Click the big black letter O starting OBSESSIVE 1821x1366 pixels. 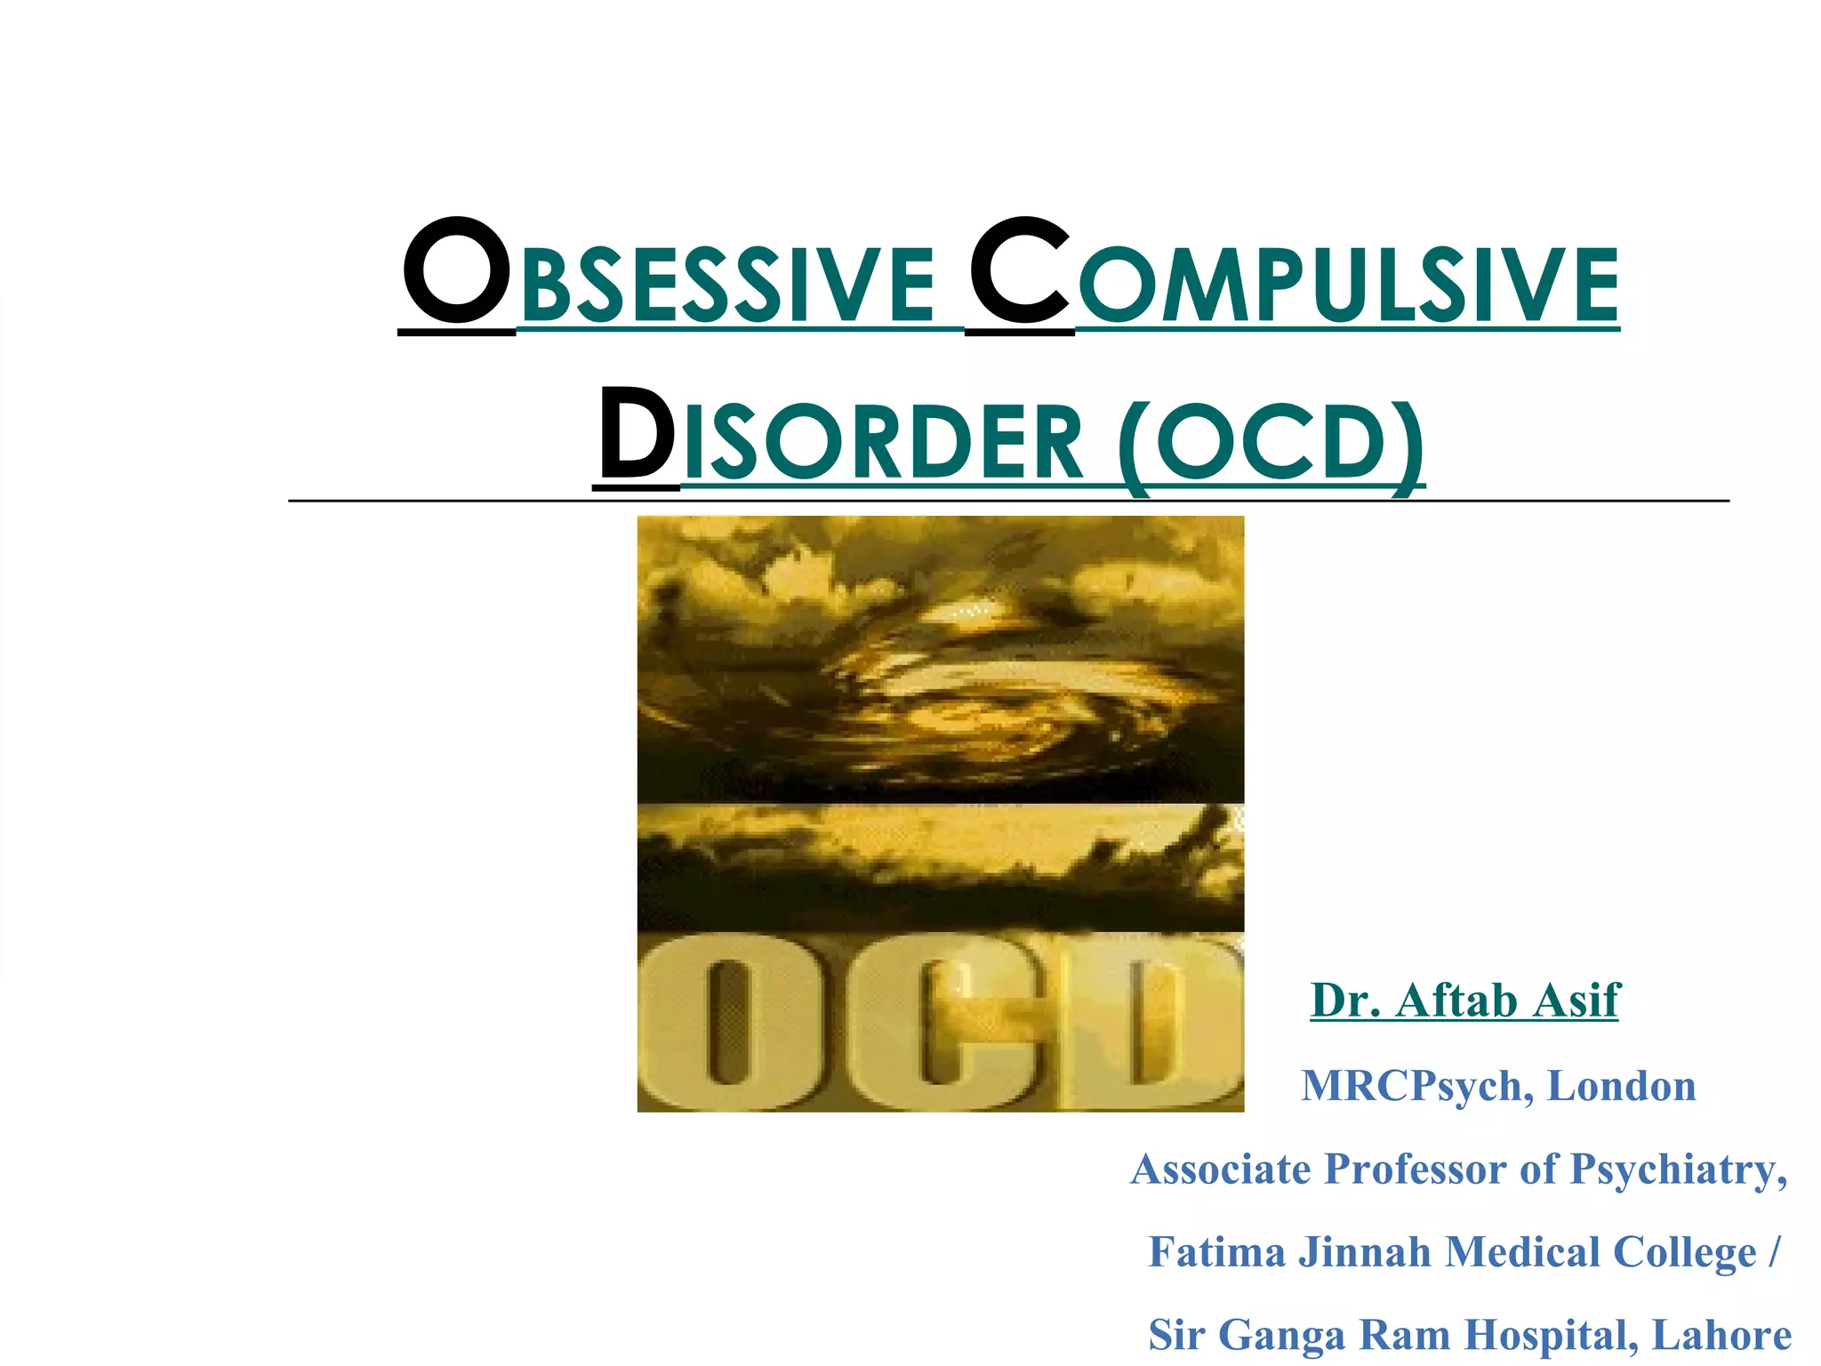(456, 272)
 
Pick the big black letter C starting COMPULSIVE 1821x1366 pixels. (1020, 272)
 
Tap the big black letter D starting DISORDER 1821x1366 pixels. (636, 433)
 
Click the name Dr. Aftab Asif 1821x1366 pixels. (1464, 1000)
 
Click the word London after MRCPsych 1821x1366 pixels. (1621, 1086)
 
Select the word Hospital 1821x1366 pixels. (1552, 1335)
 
